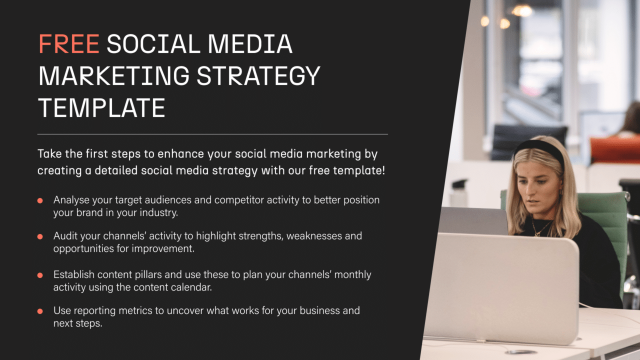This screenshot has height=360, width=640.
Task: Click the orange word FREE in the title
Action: tap(69, 44)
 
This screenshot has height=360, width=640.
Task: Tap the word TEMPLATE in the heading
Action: tap(101, 107)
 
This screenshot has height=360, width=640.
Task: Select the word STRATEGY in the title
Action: tap(258, 76)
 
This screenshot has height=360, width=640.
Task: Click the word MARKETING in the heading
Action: tap(114, 76)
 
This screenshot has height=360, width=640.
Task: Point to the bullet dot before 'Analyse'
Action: tap(40, 200)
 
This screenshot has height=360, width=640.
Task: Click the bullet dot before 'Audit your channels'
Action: tap(40, 236)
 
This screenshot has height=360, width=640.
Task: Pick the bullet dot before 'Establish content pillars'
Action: tap(40, 275)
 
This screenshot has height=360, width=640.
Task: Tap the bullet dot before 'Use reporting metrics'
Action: tap(40, 311)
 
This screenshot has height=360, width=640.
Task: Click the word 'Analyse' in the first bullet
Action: tap(71, 200)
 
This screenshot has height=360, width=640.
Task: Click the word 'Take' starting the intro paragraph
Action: tap(49, 153)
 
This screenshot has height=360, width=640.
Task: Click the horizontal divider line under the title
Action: tap(212, 134)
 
